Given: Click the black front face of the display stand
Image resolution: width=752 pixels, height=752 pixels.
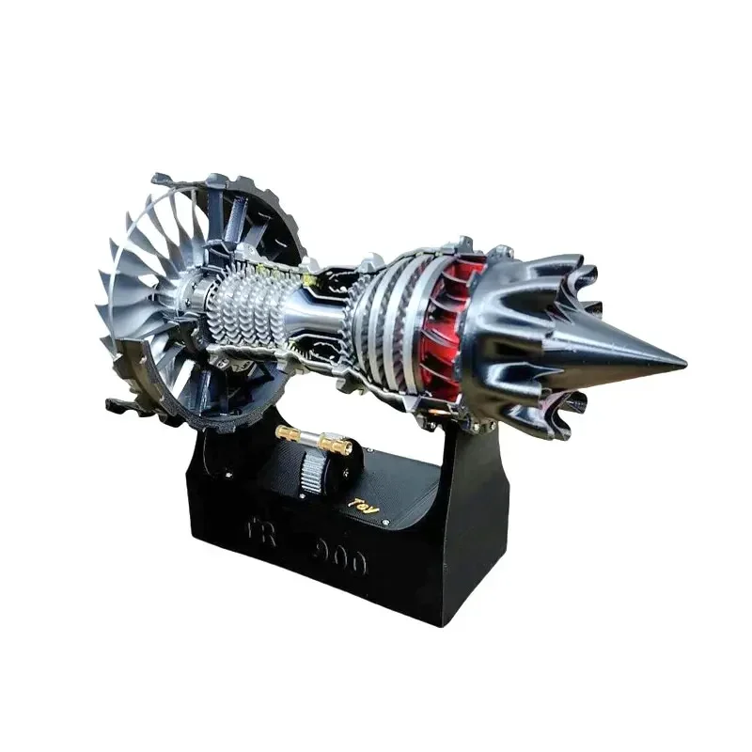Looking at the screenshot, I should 310,564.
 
